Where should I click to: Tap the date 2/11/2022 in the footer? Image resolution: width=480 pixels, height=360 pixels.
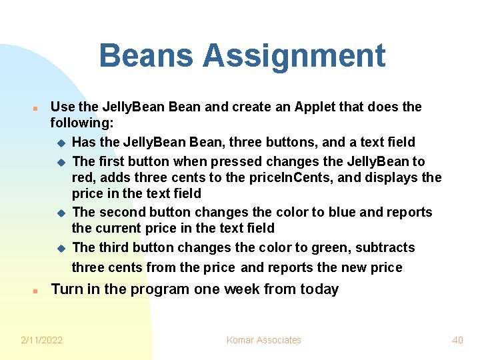[42, 340]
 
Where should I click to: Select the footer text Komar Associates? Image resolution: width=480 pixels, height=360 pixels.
[264, 340]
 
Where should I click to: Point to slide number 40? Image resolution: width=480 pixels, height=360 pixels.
[457, 340]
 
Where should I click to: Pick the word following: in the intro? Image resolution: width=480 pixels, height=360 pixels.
[82, 123]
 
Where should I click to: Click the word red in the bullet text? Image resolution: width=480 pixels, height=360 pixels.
[83, 177]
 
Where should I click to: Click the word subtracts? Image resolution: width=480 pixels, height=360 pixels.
[385, 247]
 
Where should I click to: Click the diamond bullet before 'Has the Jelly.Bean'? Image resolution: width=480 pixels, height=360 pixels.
[60, 143]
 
